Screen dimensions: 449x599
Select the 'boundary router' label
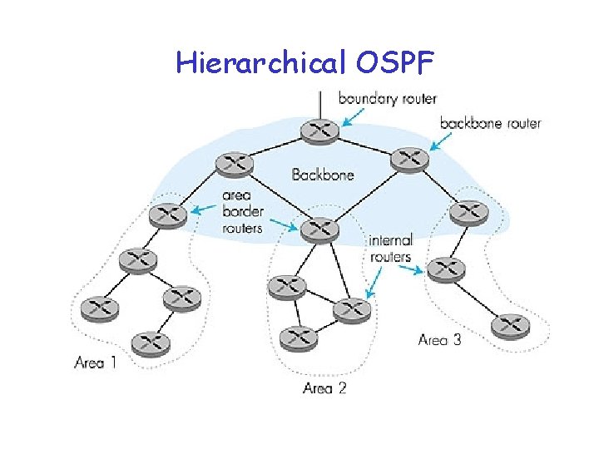(x=387, y=99)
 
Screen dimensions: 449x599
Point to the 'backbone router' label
(x=490, y=123)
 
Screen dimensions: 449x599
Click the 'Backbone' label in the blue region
(x=323, y=175)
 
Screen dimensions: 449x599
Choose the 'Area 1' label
(x=96, y=363)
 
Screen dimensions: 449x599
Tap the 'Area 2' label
(x=324, y=388)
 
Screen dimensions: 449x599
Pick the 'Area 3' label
(x=439, y=339)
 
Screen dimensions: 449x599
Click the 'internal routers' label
(x=391, y=249)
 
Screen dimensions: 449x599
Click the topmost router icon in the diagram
(x=319, y=131)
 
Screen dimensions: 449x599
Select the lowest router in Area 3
(x=510, y=325)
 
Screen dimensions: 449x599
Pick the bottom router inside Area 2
(x=298, y=337)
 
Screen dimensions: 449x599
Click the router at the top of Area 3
(x=468, y=213)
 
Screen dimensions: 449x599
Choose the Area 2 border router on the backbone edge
(x=319, y=229)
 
